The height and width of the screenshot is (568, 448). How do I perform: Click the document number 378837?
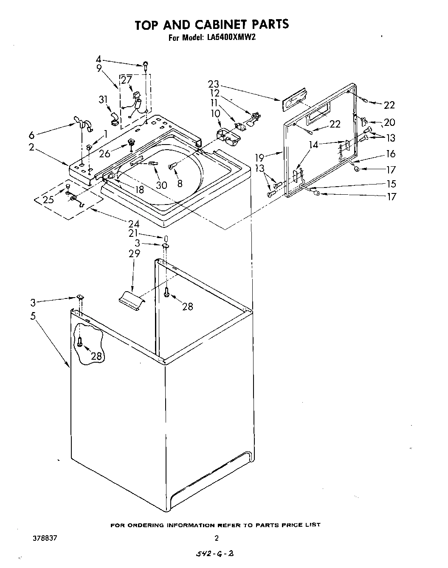tap(45, 537)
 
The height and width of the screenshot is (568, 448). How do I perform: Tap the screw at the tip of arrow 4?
tap(146, 65)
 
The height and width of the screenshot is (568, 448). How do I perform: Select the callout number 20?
tap(389, 122)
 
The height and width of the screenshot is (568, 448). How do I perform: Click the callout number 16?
tap(390, 153)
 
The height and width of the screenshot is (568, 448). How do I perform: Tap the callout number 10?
tap(215, 114)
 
